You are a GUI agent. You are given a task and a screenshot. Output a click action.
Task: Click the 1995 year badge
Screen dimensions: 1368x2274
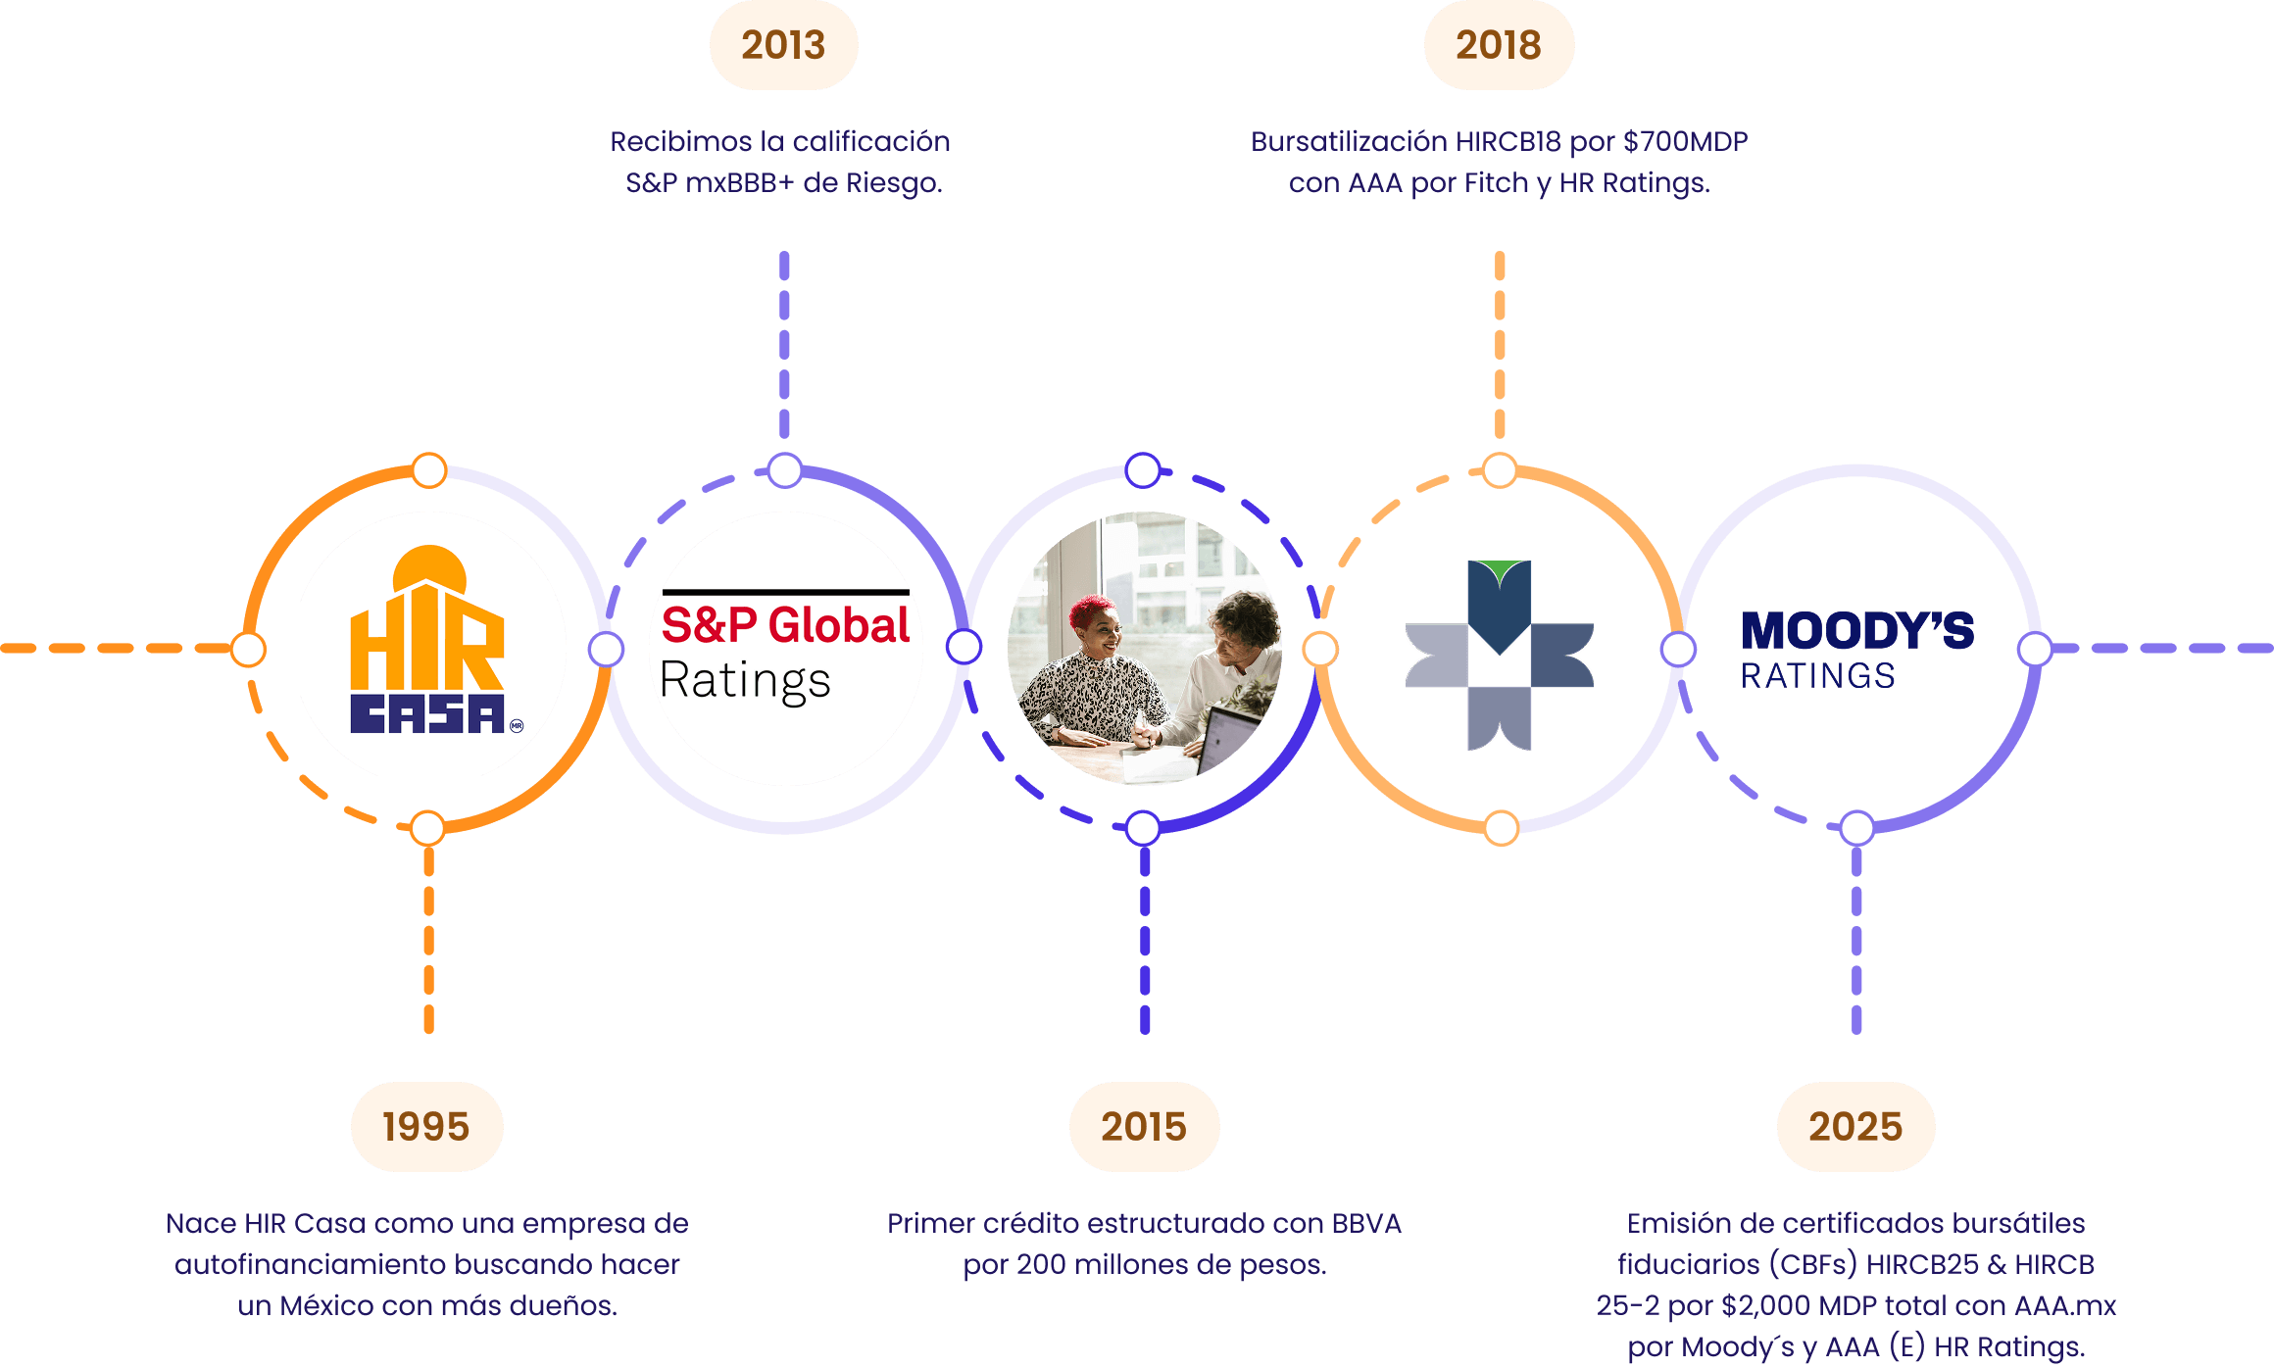426,1127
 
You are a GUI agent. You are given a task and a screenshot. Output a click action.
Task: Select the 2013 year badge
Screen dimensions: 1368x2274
783,45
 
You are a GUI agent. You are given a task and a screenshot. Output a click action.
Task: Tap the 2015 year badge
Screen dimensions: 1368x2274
1144,1127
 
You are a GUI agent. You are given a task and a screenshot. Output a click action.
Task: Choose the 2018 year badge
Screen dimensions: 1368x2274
1499,45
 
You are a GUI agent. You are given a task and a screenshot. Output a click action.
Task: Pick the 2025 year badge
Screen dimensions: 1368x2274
1855,1127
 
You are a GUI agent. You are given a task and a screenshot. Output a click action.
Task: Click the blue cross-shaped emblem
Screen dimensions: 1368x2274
1499,655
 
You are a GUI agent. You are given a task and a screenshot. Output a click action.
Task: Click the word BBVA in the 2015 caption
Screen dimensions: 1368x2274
1365,1224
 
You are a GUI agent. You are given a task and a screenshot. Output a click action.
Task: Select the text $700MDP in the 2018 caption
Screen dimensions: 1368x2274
1685,142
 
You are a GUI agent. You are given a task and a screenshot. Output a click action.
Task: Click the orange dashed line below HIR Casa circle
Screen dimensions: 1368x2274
428,941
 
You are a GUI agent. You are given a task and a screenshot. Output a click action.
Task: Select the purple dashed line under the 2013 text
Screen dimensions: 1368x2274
784,343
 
